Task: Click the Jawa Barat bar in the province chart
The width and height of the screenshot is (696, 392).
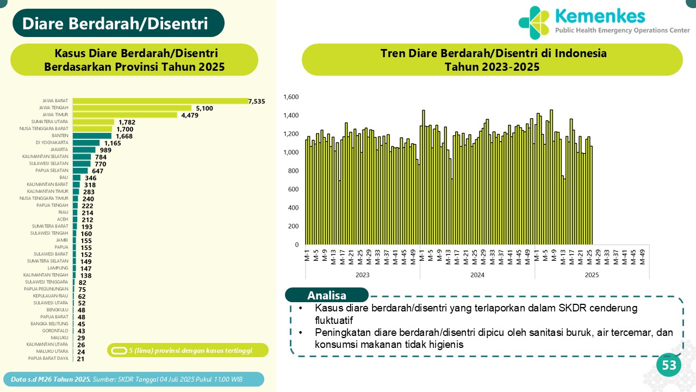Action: pyautogui.click(x=160, y=101)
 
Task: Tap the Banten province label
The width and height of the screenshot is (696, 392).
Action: pyautogui.click(x=60, y=136)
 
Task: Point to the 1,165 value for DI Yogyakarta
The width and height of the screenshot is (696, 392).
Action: pyautogui.click(x=113, y=143)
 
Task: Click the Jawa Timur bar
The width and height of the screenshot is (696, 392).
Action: pyautogui.click(x=125, y=115)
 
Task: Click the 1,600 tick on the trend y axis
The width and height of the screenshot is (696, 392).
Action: pyautogui.click(x=291, y=97)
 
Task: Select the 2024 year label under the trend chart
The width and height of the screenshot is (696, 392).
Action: pyautogui.click(x=477, y=275)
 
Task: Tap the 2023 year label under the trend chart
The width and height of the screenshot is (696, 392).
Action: pyautogui.click(x=362, y=275)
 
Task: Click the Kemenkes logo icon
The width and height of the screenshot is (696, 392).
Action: pyautogui.click(x=534, y=23)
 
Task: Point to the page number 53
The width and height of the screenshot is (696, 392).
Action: pyautogui.click(x=669, y=365)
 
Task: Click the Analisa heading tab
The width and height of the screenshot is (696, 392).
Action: pyautogui.click(x=327, y=296)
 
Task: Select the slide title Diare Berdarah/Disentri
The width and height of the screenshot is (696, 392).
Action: pyautogui.click(x=115, y=23)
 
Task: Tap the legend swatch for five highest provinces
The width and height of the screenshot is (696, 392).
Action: pyautogui.click(x=119, y=350)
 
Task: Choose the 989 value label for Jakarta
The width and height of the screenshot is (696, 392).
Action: pyautogui.click(x=105, y=150)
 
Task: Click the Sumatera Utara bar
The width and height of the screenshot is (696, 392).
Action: pyautogui.click(x=94, y=122)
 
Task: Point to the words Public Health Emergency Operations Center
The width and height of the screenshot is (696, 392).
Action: pyautogui.click(x=622, y=30)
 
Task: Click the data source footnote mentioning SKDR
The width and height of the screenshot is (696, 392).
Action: pyautogui.click(x=134, y=379)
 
